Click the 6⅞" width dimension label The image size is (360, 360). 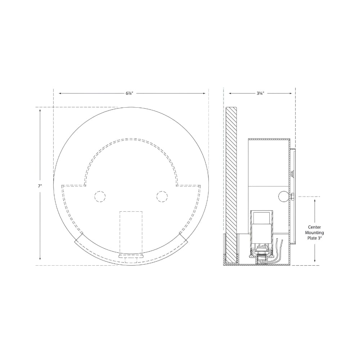pos(129,93)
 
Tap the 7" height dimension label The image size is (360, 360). pos(40,186)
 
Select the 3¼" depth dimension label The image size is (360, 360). pos(260,93)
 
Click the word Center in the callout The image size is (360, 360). pos(314,227)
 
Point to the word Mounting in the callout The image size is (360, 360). pos(314,233)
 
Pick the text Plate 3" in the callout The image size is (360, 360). pos(314,238)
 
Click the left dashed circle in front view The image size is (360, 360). pos(100,197)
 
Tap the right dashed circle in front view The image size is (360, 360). pos(162,197)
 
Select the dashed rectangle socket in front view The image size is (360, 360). pos(131,232)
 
